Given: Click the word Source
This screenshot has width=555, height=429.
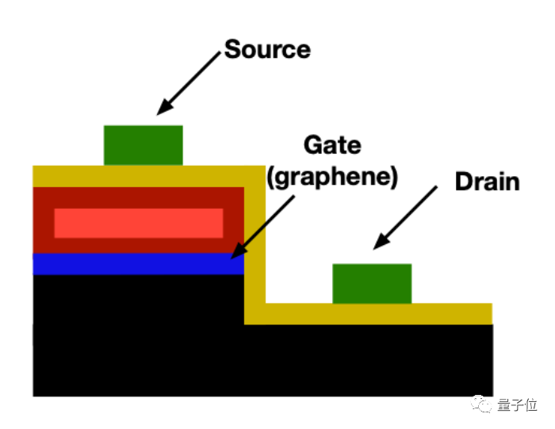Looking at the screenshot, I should pyautogui.click(x=267, y=49).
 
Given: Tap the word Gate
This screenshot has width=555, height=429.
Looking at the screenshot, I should pyautogui.click(x=332, y=145).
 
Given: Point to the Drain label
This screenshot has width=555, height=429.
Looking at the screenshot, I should pyautogui.click(x=487, y=182).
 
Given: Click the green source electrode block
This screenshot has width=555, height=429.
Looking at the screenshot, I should pyautogui.click(x=144, y=145).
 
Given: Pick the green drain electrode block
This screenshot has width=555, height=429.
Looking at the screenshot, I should pyautogui.click(x=372, y=283).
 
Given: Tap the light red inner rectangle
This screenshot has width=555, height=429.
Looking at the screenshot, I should pyautogui.click(x=138, y=223).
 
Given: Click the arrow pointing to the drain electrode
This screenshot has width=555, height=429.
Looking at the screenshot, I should pyautogui.click(x=406, y=216).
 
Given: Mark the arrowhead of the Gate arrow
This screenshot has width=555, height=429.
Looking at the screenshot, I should pyautogui.click(x=233, y=256).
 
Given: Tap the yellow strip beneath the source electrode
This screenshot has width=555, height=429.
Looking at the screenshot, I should pyautogui.click(x=144, y=175).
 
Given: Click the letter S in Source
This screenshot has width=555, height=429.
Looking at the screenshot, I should pyautogui.click(x=232, y=49).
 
